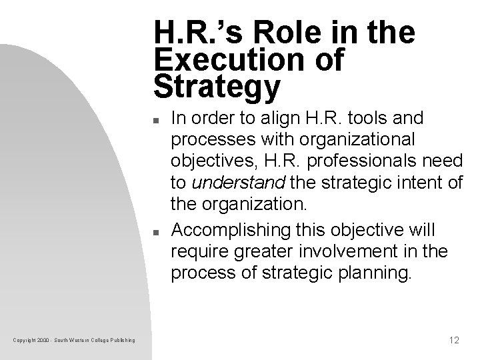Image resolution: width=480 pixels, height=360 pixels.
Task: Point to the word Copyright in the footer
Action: coord(23,341)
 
